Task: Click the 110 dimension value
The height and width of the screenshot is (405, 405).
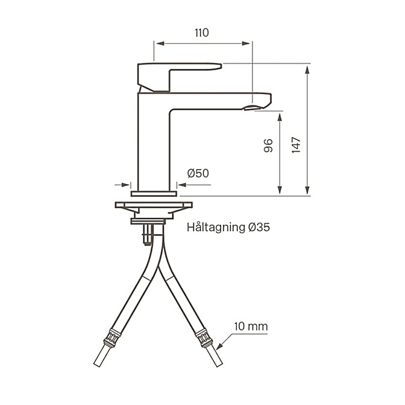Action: tap(201, 33)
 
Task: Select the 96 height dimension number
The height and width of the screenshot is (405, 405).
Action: tap(269, 146)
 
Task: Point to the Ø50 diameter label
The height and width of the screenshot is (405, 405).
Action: tap(198, 174)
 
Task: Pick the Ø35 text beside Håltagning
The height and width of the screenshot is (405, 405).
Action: tap(259, 227)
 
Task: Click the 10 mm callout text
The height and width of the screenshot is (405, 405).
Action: tap(251, 327)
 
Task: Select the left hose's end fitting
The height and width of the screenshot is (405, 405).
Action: tap(112, 338)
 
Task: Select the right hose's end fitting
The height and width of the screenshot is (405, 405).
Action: tap(204, 338)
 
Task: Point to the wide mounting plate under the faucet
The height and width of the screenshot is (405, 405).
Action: tap(154, 205)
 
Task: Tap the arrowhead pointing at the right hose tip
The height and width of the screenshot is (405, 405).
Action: tap(219, 346)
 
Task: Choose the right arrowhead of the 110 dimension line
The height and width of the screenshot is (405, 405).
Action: tap(248, 44)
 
